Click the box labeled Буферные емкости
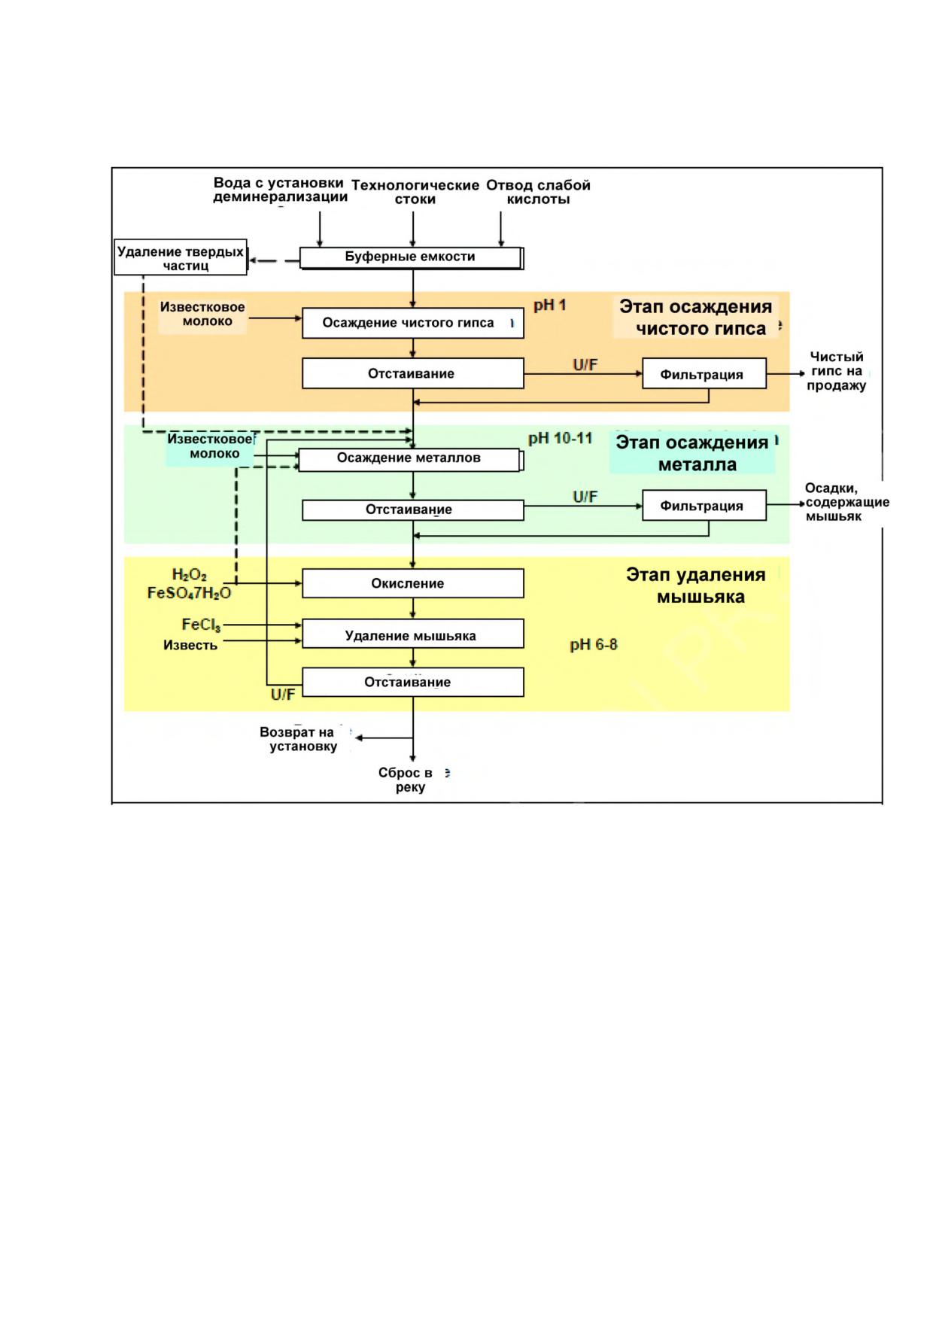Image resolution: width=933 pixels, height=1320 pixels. (x=411, y=257)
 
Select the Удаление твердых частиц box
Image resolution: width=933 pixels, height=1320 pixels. (x=181, y=257)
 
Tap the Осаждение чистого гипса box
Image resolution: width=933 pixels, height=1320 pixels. (x=412, y=323)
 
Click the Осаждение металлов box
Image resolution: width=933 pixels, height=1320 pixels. (x=410, y=459)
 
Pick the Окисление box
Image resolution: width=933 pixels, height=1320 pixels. (x=412, y=583)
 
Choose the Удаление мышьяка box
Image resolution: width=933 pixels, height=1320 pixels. (x=412, y=634)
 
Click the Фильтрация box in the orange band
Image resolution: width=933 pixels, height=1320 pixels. (x=704, y=373)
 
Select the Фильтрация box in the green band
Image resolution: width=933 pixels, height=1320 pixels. (x=704, y=506)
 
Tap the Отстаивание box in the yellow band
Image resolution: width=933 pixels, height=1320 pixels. (x=412, y=682)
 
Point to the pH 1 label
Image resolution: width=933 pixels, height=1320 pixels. (x=549, y=306)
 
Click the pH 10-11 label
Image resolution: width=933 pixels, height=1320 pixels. (x=561, y=438)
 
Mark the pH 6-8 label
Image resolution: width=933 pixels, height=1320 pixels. (x=594, y=645)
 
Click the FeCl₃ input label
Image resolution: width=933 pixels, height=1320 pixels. (x=201, y=625)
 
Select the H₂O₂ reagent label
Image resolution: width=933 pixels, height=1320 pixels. (x=190, y=576)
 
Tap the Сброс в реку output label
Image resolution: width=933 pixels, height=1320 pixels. (x=406, y=780)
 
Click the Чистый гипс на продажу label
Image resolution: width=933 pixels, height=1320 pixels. (x=836, y=371)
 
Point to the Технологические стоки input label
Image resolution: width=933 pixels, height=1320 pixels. (x=415, y=192)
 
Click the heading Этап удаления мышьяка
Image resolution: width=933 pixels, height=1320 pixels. (x=696, y=585)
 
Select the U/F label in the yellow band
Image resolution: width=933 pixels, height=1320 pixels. (x=283, y=695)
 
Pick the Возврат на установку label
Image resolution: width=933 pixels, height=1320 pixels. (x=299, y=739)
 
